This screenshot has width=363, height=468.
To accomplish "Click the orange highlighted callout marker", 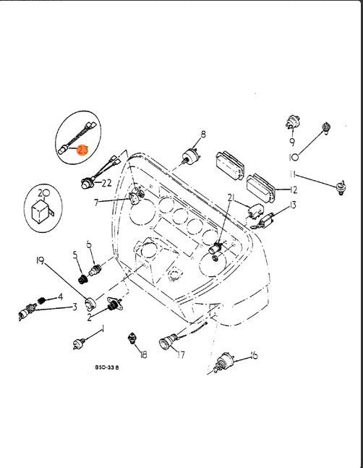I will [82, 150].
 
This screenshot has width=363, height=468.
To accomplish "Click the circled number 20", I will [43, 192].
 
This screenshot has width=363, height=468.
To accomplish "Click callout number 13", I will [294, 205].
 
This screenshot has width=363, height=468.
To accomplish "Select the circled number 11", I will [292, 174].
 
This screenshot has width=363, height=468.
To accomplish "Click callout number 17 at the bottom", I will [181, 354].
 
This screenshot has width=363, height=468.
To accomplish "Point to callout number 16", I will [253, 355].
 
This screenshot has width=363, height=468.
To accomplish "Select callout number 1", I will [102, 329].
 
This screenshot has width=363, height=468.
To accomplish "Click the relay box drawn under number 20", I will [43, 210].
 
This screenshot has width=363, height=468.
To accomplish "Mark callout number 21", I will [231, 198].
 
